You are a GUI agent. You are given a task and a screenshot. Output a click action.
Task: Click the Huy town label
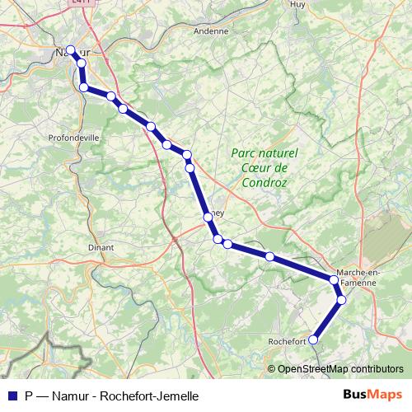(298, 4)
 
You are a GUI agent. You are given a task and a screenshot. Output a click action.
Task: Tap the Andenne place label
(210, 31)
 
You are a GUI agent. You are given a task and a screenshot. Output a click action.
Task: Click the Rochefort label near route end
(287, 340)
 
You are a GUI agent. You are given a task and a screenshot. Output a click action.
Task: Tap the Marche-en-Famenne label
(356, 277)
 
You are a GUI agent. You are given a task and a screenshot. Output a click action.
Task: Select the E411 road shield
(81, 2)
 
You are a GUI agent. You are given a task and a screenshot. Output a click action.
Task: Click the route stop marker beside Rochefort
(312, 339)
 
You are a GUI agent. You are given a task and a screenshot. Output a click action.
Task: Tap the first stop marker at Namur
(71, 49)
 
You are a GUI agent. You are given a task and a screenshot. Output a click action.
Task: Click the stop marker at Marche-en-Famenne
(335, 280)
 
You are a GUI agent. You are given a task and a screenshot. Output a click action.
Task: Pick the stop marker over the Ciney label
(208, 217)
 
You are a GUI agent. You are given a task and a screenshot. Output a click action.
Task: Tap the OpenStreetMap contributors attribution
(339, 369)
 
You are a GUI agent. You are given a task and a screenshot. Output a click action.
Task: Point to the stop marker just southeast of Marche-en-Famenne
(341, 300)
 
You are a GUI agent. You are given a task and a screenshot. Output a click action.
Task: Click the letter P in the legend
(29, 396)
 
